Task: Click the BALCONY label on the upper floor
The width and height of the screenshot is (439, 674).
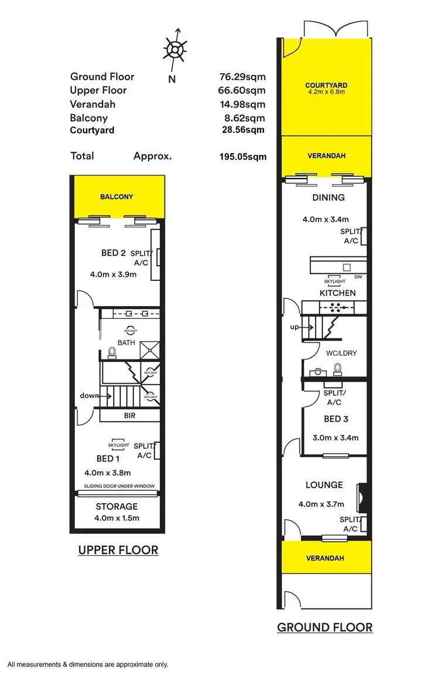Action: pos(116,197)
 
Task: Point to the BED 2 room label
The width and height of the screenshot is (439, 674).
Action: pos(114,253)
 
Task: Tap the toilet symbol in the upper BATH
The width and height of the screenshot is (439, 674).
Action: pos(112,352)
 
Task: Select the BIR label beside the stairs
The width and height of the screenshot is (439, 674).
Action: pos(129,415)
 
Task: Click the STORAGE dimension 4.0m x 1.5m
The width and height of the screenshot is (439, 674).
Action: pos(116,518)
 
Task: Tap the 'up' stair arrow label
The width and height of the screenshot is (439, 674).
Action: pos(294,326)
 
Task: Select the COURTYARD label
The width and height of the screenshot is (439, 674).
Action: pos(326,85)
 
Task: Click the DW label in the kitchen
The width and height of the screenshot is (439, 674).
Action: pos(358,277)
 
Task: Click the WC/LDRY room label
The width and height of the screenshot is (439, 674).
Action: pos(341,353)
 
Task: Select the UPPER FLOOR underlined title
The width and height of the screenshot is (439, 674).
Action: pos(118,551)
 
